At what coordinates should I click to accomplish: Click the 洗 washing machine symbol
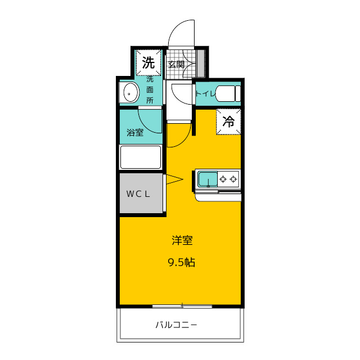pos(148,62)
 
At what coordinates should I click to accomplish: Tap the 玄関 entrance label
pos(176,65)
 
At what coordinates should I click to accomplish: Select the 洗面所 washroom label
pos(150,90)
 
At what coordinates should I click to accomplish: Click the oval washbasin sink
pos(131,92)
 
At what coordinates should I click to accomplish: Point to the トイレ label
pos(205,94)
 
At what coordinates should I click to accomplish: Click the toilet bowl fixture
pos(228,94)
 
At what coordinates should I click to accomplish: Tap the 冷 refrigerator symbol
pos(228,121)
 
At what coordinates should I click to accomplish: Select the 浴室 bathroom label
pos(135,133)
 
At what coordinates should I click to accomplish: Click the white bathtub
pos(141,157)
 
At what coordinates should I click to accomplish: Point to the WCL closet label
pos(138,194)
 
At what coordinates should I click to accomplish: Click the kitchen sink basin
pos(208,179)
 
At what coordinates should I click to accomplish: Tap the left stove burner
pos(223,179)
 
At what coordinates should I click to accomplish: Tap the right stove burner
pos(233,179)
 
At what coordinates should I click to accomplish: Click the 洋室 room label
pos(182,240)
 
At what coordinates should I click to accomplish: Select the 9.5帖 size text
pos(182,262)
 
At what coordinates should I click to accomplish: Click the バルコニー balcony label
pos(176,325)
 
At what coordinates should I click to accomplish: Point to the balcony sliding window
pos(182,306)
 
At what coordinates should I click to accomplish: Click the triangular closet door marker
pos(174,179)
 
